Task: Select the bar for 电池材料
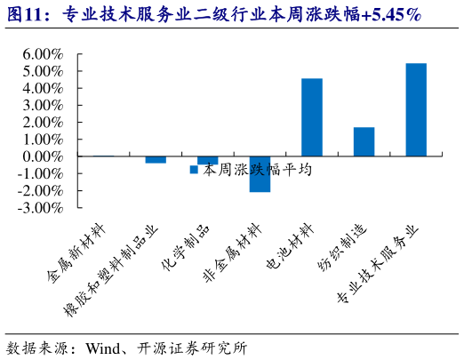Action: [x=312, y=117]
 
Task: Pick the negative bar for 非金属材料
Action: [x=260, y=174]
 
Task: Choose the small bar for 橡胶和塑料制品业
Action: [x=156, y=160]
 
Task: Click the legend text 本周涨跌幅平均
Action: [x=257, y=168]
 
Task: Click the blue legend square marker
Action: [x=194, y=168]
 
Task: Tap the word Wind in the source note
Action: [x=104, y=347]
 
